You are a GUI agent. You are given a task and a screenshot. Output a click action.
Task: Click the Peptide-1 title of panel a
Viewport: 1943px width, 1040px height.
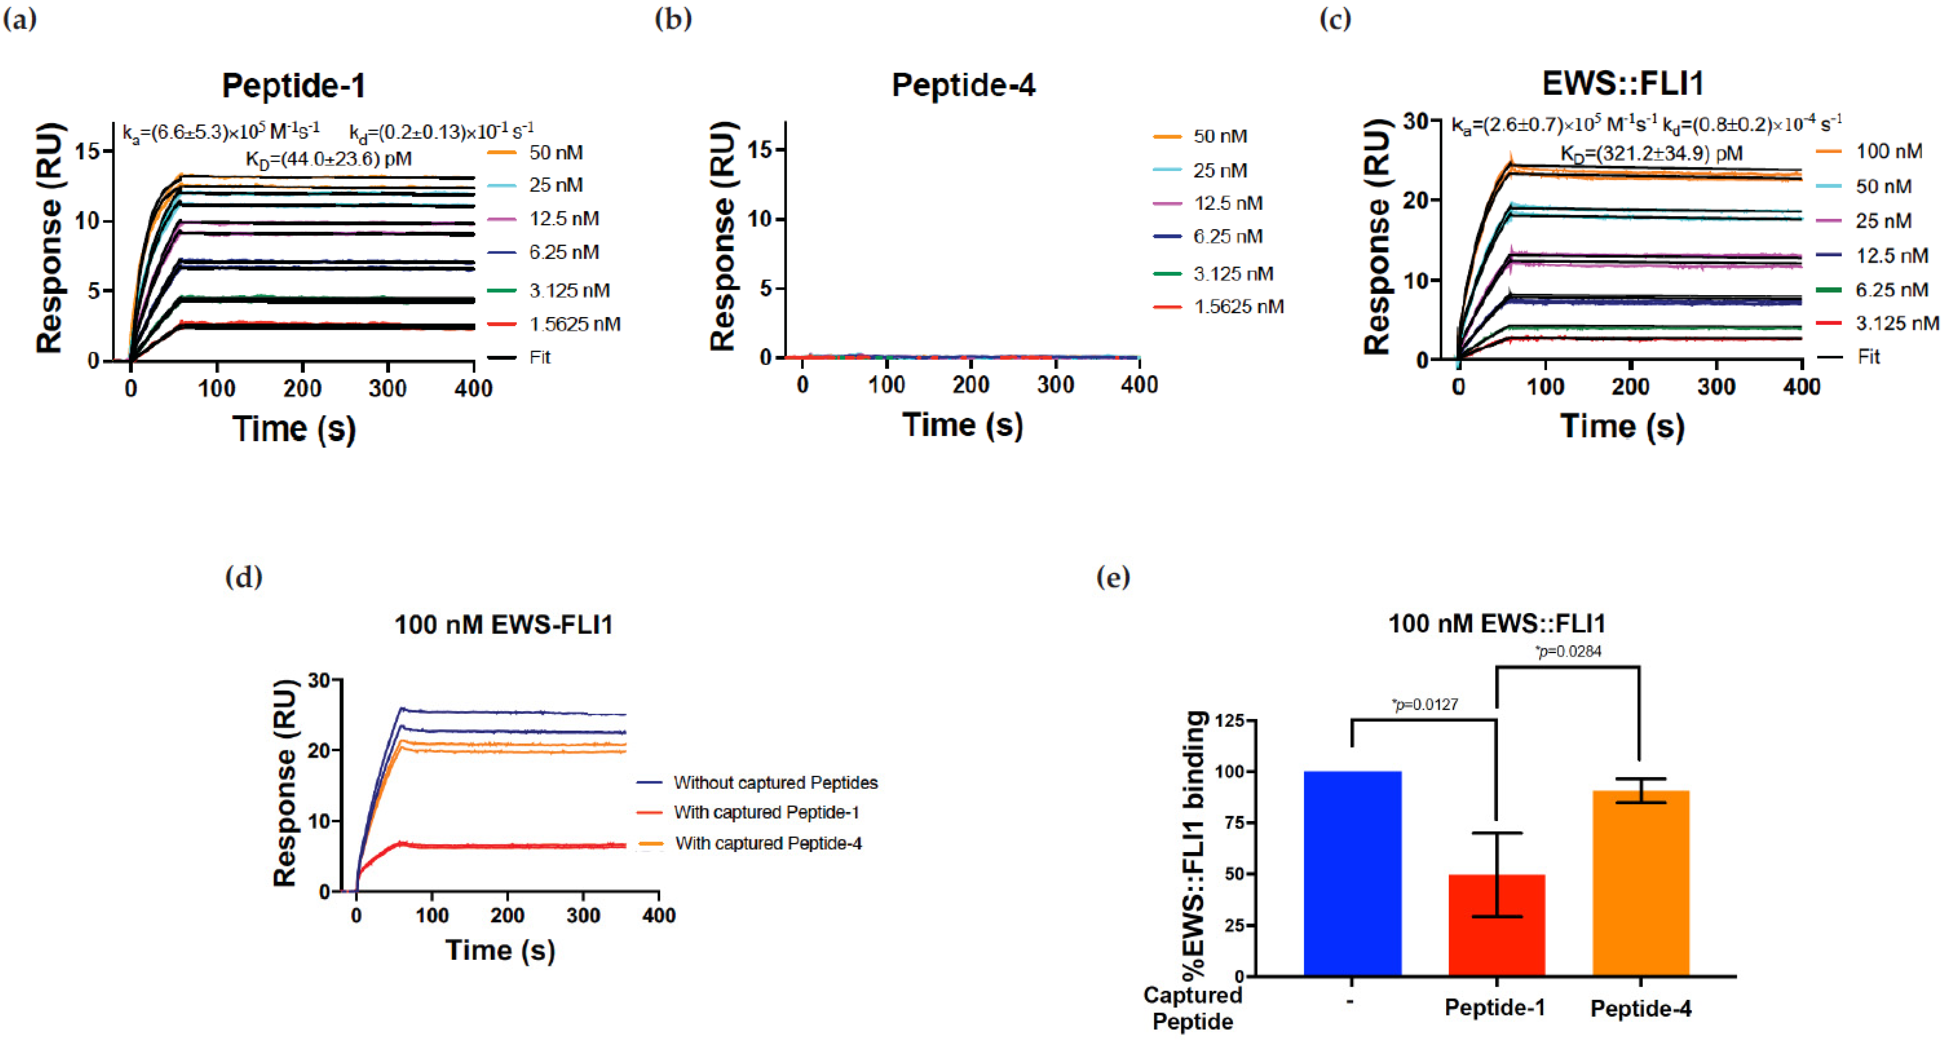(x=293, y=85)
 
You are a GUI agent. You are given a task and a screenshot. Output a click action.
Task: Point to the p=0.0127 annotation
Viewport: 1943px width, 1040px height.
(x=1424, y=704)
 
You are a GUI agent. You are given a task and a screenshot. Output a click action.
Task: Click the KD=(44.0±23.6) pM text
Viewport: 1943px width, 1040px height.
(x=329, y=159)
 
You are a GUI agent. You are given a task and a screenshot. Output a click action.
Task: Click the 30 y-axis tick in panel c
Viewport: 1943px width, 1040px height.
(x=1416, y=121)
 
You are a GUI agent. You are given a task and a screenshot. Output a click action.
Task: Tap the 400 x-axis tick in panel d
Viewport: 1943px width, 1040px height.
(x=658, y=915)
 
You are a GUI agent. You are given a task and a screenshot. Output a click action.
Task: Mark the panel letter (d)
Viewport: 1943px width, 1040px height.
(x=244, y=577)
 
